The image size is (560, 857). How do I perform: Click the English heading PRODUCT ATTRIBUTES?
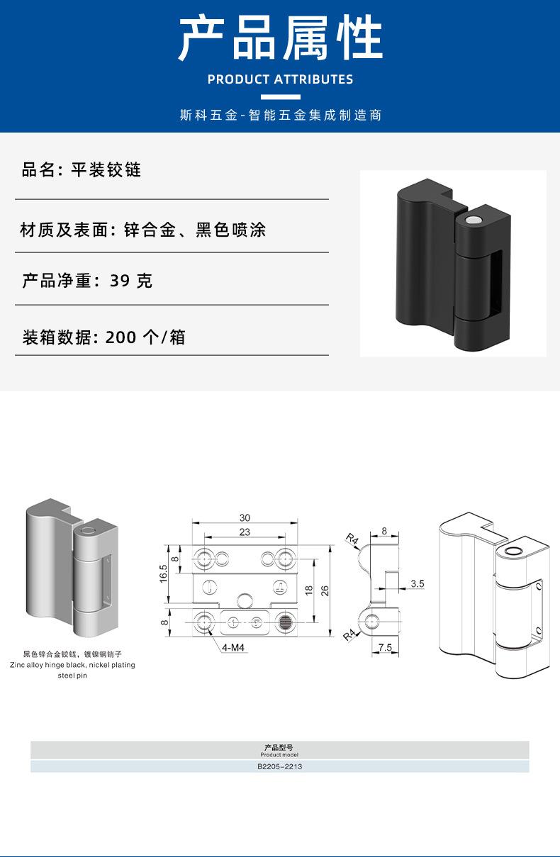280,79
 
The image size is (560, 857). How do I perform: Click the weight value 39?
120,281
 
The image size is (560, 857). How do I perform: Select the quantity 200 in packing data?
121,337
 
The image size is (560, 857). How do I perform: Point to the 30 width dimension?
245,517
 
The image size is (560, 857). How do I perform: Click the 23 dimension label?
245,532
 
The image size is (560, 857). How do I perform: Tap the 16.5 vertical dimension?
163,574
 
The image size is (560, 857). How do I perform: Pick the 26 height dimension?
325,590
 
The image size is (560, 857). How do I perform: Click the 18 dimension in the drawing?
309,590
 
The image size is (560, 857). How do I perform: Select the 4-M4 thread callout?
233,647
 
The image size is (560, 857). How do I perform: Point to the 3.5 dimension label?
418,583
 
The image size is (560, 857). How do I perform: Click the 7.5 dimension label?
385,647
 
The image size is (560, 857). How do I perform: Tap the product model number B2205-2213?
279,766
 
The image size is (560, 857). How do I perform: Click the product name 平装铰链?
106,170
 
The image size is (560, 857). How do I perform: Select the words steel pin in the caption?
72,676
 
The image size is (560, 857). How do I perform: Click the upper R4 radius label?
352,539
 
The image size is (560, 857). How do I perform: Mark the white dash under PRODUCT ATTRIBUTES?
281,97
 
